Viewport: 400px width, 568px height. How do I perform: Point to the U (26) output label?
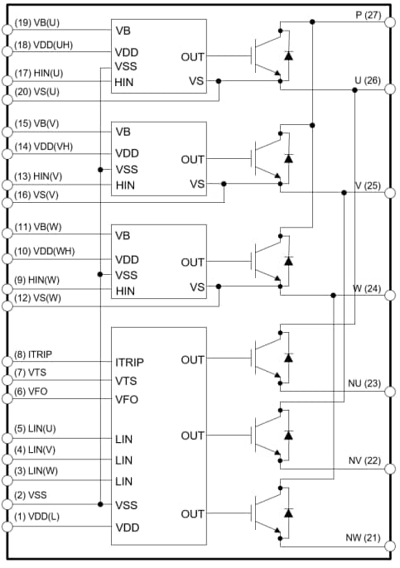coord(365,80)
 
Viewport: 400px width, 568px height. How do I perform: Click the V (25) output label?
coord(365,185)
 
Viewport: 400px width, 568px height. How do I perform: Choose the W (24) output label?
coord(365,289)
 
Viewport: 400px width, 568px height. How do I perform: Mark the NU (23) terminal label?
coord(364,383)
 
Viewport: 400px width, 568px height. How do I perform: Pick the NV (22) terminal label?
coord(364,460)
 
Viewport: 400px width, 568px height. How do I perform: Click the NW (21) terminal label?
coord(364,538)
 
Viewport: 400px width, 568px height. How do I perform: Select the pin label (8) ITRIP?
coord(34,354)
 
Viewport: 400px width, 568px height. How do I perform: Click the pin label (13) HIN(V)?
coord(38,176)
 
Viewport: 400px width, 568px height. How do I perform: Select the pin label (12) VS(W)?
coord(37,297)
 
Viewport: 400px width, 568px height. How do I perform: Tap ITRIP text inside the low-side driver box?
coord(131,362)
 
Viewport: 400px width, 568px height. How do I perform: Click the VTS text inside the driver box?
coord(127,381)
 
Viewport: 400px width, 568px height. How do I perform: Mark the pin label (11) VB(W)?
coord(36,226)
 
